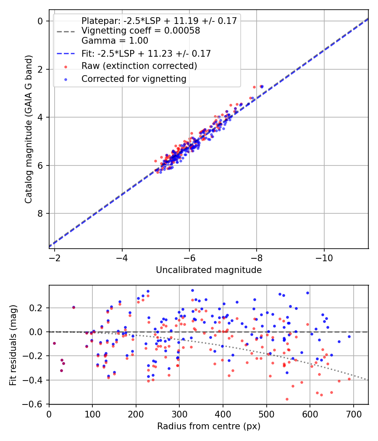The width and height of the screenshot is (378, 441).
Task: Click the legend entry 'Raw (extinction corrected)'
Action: coord(139,66)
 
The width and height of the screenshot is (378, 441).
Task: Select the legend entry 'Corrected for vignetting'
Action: coord(134,79)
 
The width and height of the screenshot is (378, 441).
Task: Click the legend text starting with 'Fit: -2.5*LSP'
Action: coord(146,53)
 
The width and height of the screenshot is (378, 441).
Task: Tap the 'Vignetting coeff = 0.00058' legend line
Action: coord(140,31)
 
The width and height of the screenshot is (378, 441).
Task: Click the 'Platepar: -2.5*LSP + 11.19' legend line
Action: coord(159,21)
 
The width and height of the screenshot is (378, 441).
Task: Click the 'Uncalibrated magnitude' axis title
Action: coord(209,270)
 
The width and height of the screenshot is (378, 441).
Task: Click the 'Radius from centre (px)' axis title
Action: coord(209,426)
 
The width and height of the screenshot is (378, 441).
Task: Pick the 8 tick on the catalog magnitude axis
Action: coord(41,213)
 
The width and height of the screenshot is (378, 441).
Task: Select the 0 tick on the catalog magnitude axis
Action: coord(41,21)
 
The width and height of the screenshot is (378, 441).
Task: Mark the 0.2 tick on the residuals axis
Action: coord(39,308)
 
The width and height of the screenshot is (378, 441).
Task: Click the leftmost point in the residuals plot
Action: coord(54,343)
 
